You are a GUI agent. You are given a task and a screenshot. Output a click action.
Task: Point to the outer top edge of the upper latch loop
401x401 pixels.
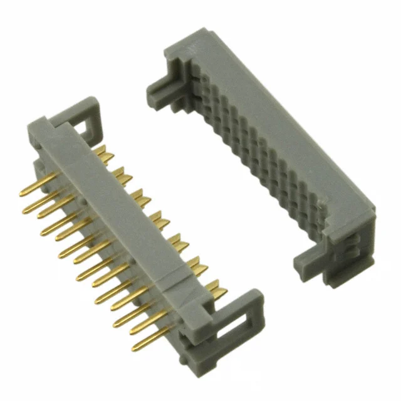(81, 103)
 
